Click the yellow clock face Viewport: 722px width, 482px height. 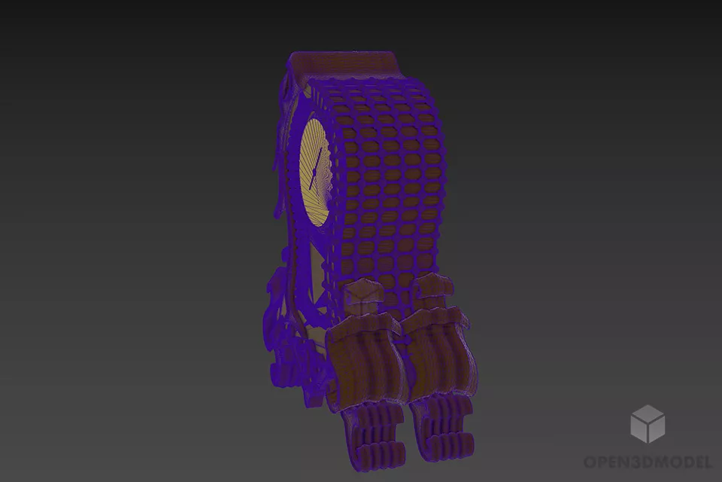[316, 173]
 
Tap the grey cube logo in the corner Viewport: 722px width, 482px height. [648, 424]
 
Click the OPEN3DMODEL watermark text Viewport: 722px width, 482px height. [648, 462]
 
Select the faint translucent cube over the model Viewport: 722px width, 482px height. [363, 296]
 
